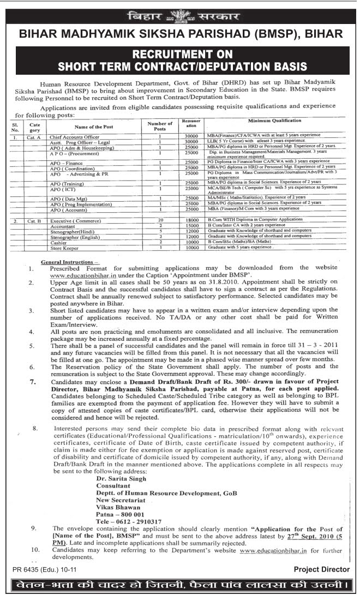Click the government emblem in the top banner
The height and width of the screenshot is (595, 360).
(179, 15)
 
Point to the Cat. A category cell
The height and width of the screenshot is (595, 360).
(33, 137)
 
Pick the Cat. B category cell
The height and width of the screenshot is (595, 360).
(33, 221)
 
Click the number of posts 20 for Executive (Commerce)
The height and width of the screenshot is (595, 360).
(160, 221)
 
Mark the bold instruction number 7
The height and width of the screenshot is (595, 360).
(33, 383)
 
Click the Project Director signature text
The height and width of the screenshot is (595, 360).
(321, 569)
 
